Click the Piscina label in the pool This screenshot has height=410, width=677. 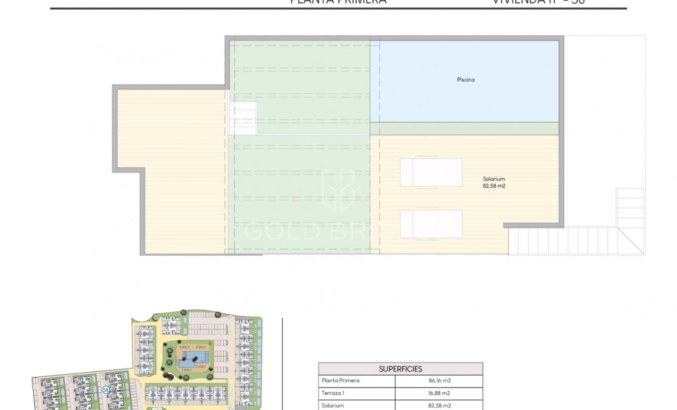click(x=465, y=80)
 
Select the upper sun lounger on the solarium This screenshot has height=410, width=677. click(x=431, y=172)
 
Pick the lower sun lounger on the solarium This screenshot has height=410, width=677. click(x=431, y=223)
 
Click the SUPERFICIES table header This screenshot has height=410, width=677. click(x=400, y=369)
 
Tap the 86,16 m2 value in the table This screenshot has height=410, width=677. click(x=440, y=381)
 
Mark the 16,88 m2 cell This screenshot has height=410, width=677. click(x=440, y=393)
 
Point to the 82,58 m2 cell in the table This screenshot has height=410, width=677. click(x=440, y=405)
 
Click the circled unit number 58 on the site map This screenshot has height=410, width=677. click(x=106, y=389)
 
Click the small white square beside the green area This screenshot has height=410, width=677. click(x=243, y=118)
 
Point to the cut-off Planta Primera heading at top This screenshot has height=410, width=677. click(x=338, y=2)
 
